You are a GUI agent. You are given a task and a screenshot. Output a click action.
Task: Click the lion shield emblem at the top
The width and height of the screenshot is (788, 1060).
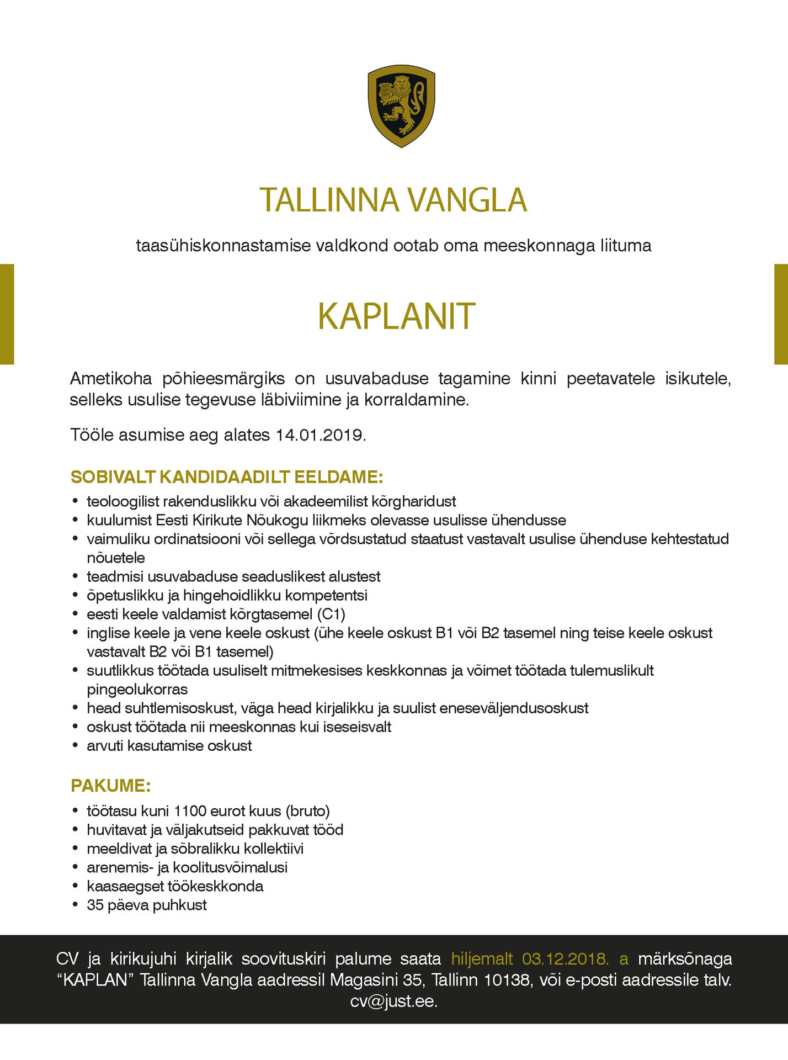[401, 106]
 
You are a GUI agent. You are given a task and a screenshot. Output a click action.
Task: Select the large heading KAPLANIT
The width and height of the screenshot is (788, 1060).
[396, 316]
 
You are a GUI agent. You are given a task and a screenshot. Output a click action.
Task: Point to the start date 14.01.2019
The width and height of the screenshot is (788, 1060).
[320, 435]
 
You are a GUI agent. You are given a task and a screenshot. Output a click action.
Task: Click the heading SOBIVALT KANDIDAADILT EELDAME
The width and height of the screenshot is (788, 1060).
[227, 476]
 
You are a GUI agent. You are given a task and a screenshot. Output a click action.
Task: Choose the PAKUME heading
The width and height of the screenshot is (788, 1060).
[110, 786]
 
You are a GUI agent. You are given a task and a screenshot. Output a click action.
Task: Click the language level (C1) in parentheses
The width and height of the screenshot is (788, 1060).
[331, 614]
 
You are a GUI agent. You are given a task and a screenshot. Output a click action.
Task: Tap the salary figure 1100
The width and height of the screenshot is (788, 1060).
[190, 811]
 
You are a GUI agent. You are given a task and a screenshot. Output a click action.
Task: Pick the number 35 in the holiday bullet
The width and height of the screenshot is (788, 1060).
[95, 905]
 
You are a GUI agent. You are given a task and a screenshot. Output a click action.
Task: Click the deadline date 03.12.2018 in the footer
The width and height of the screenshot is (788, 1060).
[565, 959]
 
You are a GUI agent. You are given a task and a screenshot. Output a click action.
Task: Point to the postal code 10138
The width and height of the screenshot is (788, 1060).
[507, 980]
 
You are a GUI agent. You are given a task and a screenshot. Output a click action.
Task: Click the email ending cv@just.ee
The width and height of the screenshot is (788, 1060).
[393, 1001]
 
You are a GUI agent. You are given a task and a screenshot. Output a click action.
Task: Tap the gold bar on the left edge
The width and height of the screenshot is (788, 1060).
[7, 314]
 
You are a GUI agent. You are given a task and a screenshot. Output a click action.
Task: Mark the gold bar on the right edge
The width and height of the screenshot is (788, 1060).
[781, 314]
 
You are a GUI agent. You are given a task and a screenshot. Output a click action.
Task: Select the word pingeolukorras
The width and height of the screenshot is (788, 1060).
[137, 689]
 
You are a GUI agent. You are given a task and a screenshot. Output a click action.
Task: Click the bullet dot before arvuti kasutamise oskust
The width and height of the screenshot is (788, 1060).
[75, 746]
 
